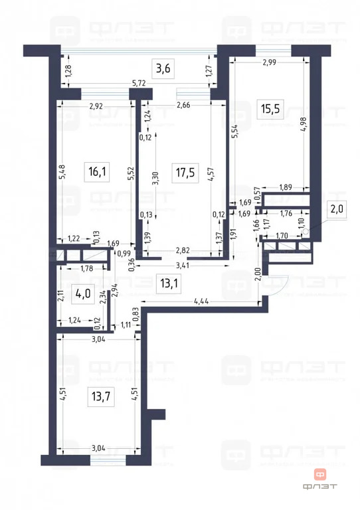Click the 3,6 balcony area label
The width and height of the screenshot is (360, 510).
[163, 68]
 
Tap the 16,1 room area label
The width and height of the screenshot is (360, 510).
[97, 172]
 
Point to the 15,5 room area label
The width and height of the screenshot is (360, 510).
[269, 108]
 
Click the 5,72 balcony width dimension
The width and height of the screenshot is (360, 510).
[139, 83]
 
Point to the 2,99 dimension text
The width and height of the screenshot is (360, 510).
[269, 62]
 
